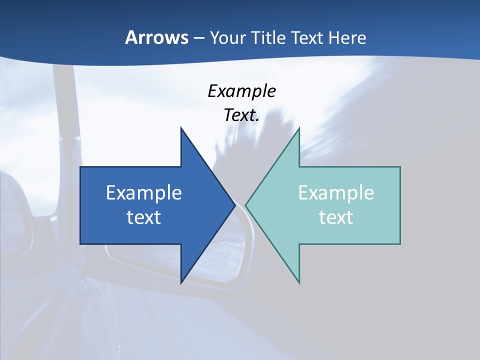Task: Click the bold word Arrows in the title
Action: click(156, 38)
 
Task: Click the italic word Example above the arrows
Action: click(241, 91)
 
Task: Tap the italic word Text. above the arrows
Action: click(241, 115)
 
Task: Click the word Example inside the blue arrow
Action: click(144, 193)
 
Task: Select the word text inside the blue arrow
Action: click(144, 217)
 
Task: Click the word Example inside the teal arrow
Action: click(336, 193)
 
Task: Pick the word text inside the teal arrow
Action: click(336, 217)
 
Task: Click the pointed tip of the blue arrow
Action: click(235, 205)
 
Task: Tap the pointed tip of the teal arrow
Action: click(245, 205)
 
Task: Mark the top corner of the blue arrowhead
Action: click(181, 128)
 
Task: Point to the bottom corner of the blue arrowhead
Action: click(181, 283)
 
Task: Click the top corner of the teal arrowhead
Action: click(299, 128)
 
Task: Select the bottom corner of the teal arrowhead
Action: click(299, 283)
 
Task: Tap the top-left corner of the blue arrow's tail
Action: click(80, 167)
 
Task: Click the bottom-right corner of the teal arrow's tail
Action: click(400, 244)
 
